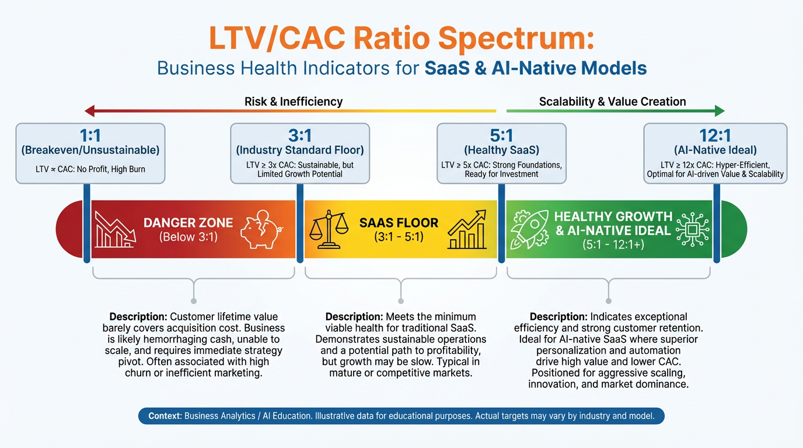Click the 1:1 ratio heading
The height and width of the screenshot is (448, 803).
90,136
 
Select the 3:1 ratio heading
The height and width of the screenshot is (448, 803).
300,136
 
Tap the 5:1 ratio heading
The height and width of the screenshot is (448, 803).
501,136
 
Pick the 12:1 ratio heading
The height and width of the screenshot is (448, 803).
715,136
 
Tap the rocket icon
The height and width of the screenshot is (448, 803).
529,229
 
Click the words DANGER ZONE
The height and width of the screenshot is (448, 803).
188,223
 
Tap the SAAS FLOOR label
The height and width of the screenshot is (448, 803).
399,223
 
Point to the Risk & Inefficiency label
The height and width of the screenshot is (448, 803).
293,101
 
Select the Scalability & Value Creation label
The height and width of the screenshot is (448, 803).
612,101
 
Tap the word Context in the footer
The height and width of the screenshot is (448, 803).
165,416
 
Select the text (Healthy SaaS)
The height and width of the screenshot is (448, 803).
501,150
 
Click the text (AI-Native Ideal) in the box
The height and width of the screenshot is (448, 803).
715,150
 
